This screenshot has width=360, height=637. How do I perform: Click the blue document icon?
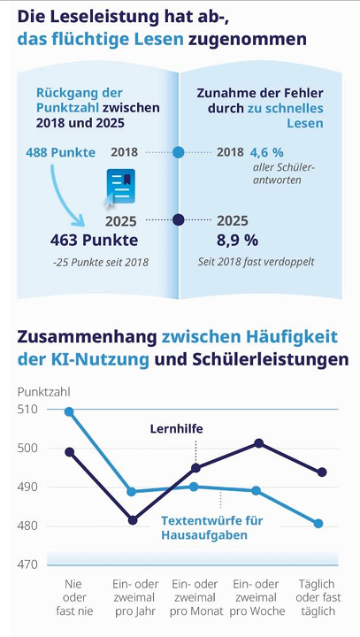(120, 187)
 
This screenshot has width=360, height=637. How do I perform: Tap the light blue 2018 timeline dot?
(179, 153)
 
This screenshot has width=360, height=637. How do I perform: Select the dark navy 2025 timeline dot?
(179, 220)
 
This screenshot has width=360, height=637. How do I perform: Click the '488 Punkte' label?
(60, 153)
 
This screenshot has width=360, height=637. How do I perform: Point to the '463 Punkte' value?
(95, 240)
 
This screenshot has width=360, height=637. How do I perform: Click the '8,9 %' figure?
(237, 240)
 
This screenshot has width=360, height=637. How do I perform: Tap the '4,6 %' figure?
(266, 153)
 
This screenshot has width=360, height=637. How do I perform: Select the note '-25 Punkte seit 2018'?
(101, 263)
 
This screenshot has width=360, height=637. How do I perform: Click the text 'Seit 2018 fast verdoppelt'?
(257, 261)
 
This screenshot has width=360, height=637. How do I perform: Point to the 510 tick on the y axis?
(27, 409)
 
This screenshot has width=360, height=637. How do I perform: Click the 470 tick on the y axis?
(27, 564)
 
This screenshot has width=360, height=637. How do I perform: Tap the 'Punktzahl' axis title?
(44, 392)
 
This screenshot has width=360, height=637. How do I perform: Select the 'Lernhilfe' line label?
(176, 429)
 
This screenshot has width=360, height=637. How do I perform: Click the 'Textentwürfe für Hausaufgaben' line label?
(212, 527)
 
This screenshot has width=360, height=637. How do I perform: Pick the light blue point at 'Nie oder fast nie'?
(69, 412)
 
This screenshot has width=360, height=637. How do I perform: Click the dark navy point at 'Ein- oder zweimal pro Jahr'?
(133, 520)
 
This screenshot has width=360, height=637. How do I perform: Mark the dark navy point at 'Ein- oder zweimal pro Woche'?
(258, 443)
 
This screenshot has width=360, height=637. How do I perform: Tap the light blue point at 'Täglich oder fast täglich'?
(318, 524)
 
